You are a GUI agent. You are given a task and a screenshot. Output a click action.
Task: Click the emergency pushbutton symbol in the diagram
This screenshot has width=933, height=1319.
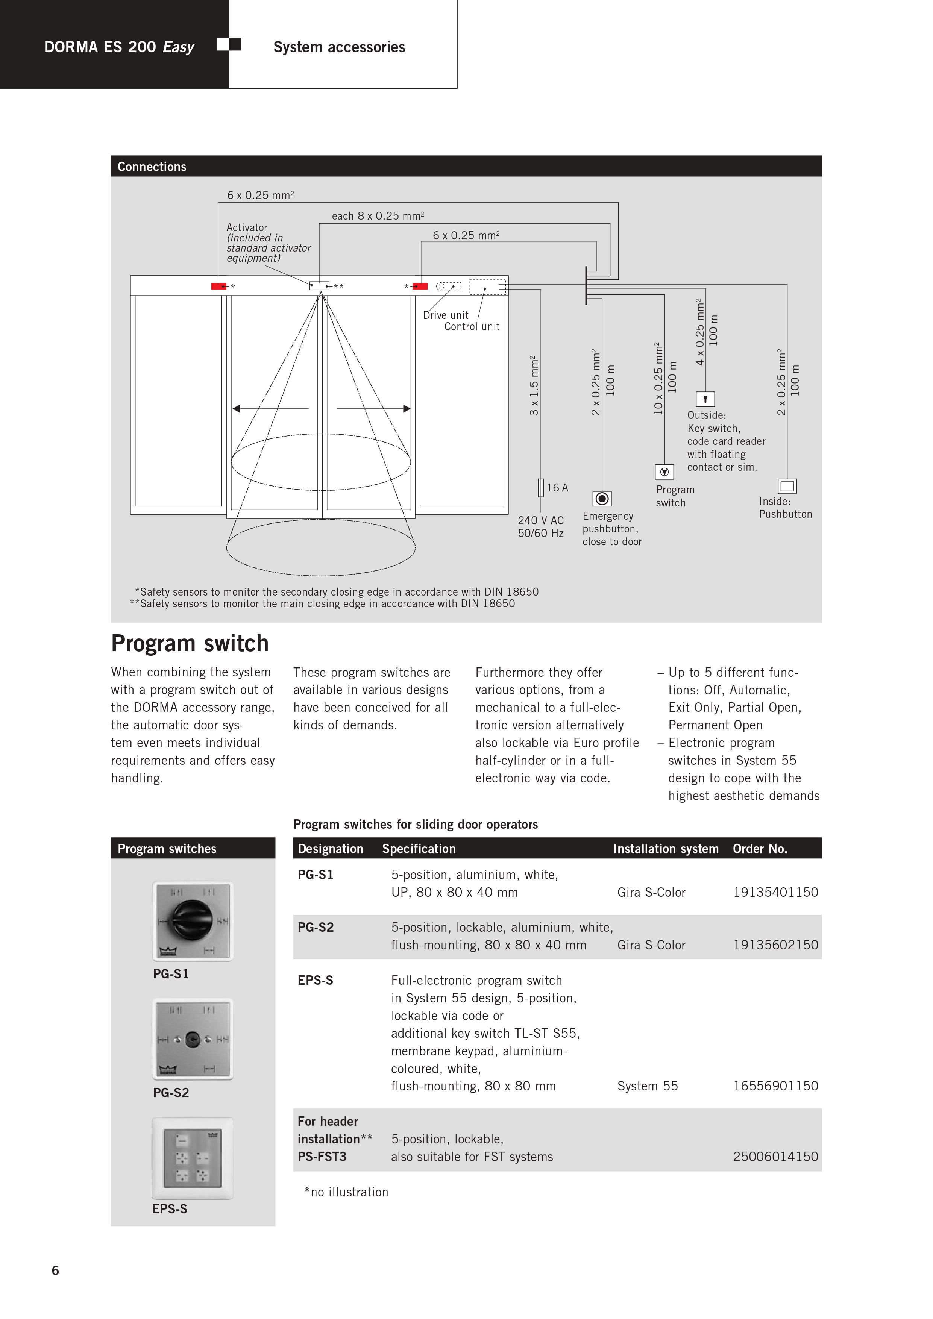602,498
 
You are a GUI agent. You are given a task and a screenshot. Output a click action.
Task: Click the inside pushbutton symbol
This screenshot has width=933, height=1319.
787,486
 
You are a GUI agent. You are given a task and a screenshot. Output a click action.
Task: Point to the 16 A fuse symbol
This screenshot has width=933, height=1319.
541,488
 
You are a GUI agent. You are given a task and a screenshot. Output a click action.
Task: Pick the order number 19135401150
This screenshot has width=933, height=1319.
775,892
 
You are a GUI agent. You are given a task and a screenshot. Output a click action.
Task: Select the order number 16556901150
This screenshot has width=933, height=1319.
775,1086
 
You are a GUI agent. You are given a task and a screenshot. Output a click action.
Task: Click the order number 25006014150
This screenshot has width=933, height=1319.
775,1157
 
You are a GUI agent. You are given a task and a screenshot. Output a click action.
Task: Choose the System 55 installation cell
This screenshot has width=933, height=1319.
648,1086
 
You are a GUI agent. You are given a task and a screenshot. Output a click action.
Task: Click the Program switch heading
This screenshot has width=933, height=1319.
190,643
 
